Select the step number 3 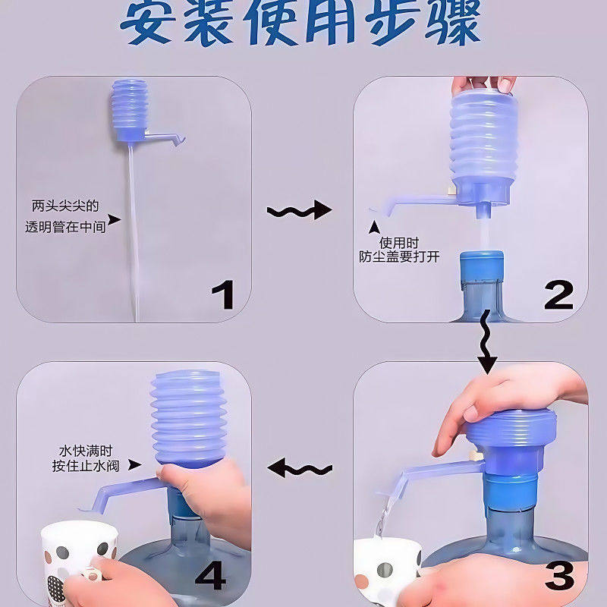tap(559, 577)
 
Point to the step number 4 tap(211, 577)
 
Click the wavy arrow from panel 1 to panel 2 tap(300, 210)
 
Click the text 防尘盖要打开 tap(399, 257)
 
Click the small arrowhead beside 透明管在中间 tap(114, 220)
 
